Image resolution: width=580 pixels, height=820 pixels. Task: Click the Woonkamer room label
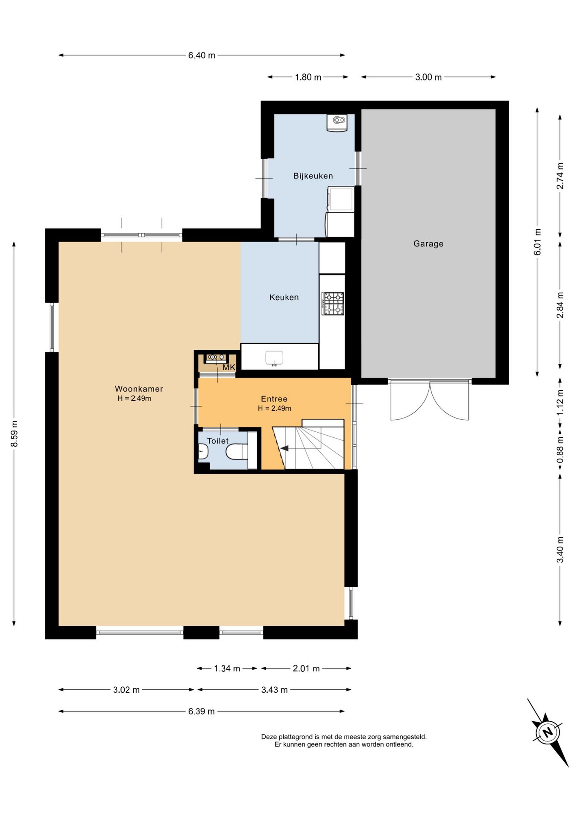point(139,389)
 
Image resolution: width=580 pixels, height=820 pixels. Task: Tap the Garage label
point(428,243)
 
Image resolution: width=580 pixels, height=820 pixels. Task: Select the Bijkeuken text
point(313,176)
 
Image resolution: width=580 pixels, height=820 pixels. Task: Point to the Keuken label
point(284,297)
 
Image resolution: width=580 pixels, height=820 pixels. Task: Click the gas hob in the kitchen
point(333,303)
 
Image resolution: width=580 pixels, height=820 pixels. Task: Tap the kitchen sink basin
point(274,358)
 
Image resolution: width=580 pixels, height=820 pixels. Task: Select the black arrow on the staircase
point(284,448)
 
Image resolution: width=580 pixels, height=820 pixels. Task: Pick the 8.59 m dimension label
point(14,434)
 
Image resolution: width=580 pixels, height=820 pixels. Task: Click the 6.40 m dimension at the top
point(202,55)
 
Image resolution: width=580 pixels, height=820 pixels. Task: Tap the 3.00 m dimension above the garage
point(428,77)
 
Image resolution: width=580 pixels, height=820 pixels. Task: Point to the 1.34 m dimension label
point(227,668)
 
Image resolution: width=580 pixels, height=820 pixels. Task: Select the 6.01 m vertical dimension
point(537,242)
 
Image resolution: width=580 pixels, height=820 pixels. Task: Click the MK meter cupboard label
point(229,367)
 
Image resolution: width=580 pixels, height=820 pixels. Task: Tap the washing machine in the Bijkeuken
point(340,199)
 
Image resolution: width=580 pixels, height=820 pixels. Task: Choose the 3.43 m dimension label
point(274,690)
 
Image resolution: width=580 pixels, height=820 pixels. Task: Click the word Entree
point(274,399)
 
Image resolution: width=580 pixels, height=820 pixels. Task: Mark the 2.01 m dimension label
point(306,668)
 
